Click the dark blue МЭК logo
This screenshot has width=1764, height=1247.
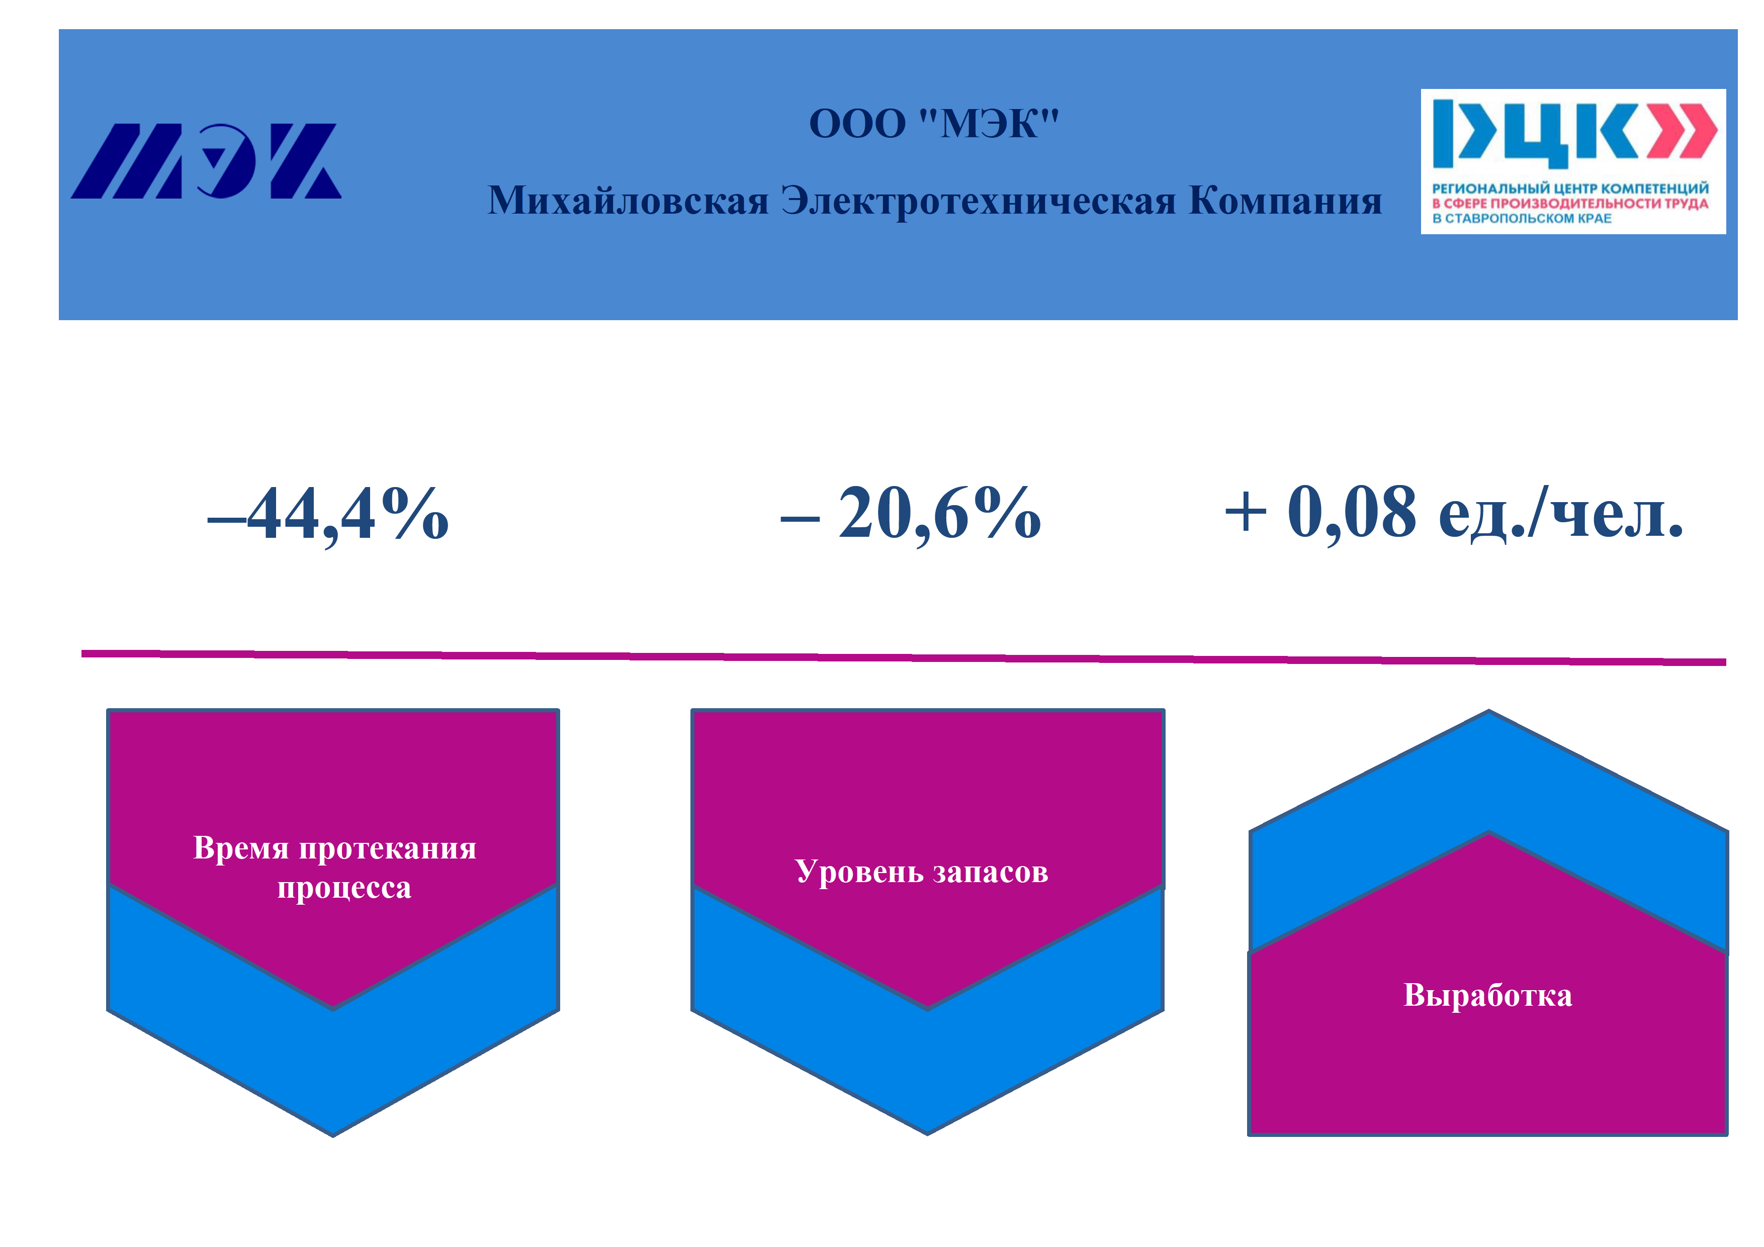click(x=206, y=161)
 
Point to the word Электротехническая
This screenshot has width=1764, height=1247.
click(x=978, y=201)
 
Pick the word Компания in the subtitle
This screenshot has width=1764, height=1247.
click(x=1285, y=201)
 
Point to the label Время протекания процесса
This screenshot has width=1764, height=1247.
click(x=335, y=867)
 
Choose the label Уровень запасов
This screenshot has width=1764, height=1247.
click(x=921, y=872)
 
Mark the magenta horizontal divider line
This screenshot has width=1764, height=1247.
click(x=904, y=657)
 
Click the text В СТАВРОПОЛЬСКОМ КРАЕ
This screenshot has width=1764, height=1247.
click(x=1521, y=218)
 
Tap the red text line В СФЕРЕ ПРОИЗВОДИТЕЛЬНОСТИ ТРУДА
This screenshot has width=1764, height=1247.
click(x=1569, y=204)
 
